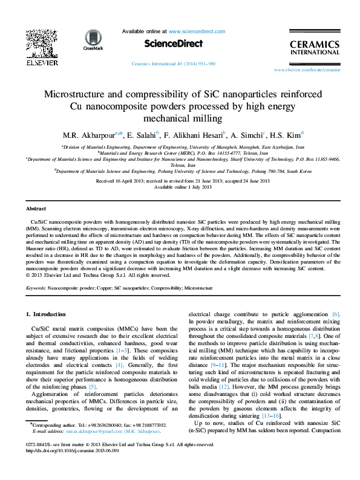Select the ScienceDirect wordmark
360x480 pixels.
click(169, 43)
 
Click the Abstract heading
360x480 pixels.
click(37, 207)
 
